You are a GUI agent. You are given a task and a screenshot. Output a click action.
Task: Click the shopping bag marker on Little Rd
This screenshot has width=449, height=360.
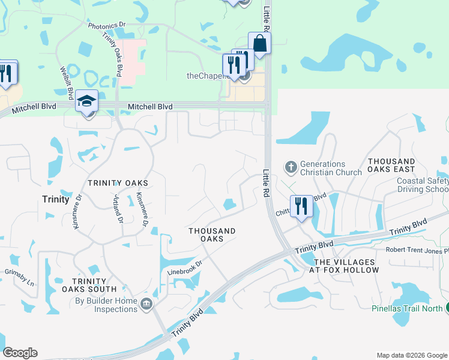point(259,44)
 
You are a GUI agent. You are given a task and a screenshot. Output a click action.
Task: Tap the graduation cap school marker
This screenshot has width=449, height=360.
point(87,103)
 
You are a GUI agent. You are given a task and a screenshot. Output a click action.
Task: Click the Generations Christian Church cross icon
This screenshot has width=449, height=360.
point(291,167)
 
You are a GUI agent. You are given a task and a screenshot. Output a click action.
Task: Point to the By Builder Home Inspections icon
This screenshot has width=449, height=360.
point(146,305)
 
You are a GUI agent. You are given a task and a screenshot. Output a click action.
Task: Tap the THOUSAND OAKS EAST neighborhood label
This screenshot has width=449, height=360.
point(391,166)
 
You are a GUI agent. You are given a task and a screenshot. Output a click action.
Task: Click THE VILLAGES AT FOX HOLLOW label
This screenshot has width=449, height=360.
point(347,266)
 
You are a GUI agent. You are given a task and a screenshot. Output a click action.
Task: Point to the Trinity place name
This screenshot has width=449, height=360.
point(56,199)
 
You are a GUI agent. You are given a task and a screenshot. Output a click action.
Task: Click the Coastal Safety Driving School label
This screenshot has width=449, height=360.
point(423,185)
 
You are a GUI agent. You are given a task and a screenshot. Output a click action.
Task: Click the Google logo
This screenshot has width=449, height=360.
point(20,353)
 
